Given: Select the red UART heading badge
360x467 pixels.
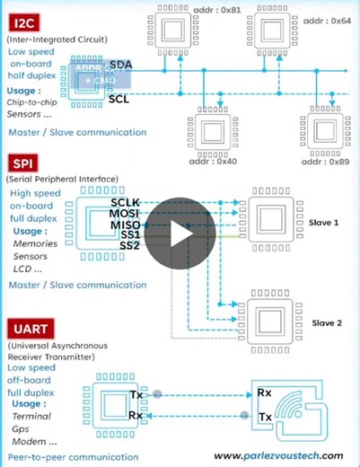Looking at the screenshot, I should click(32, 328).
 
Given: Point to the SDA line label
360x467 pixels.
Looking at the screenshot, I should click(120, 66).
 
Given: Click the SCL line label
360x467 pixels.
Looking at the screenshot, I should click(119, 99).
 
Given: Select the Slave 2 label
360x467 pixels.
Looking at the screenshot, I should click(326, 322).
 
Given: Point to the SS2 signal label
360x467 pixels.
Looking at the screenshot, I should click(129, 246).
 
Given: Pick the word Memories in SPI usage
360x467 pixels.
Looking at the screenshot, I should click(36, 243).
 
